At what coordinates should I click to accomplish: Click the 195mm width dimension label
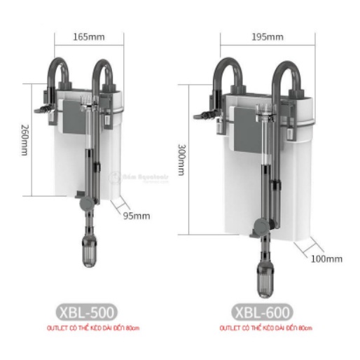click(270, 36)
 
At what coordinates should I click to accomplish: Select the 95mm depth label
click(137, 216)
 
